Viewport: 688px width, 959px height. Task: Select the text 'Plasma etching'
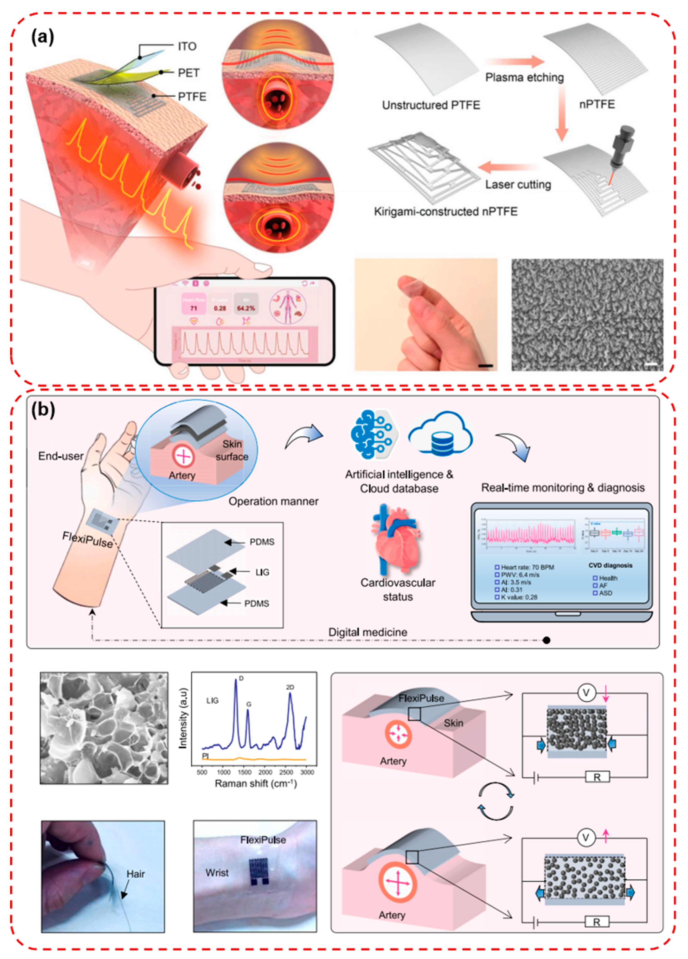[x=524, y=77]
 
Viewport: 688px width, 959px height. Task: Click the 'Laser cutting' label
[x=518, y=184]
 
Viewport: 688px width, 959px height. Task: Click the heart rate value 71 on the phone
[x=193, y=308]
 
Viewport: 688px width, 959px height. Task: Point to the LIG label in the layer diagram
[x=262, y=572]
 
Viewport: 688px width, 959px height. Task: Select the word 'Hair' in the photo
[x=136, y=874]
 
